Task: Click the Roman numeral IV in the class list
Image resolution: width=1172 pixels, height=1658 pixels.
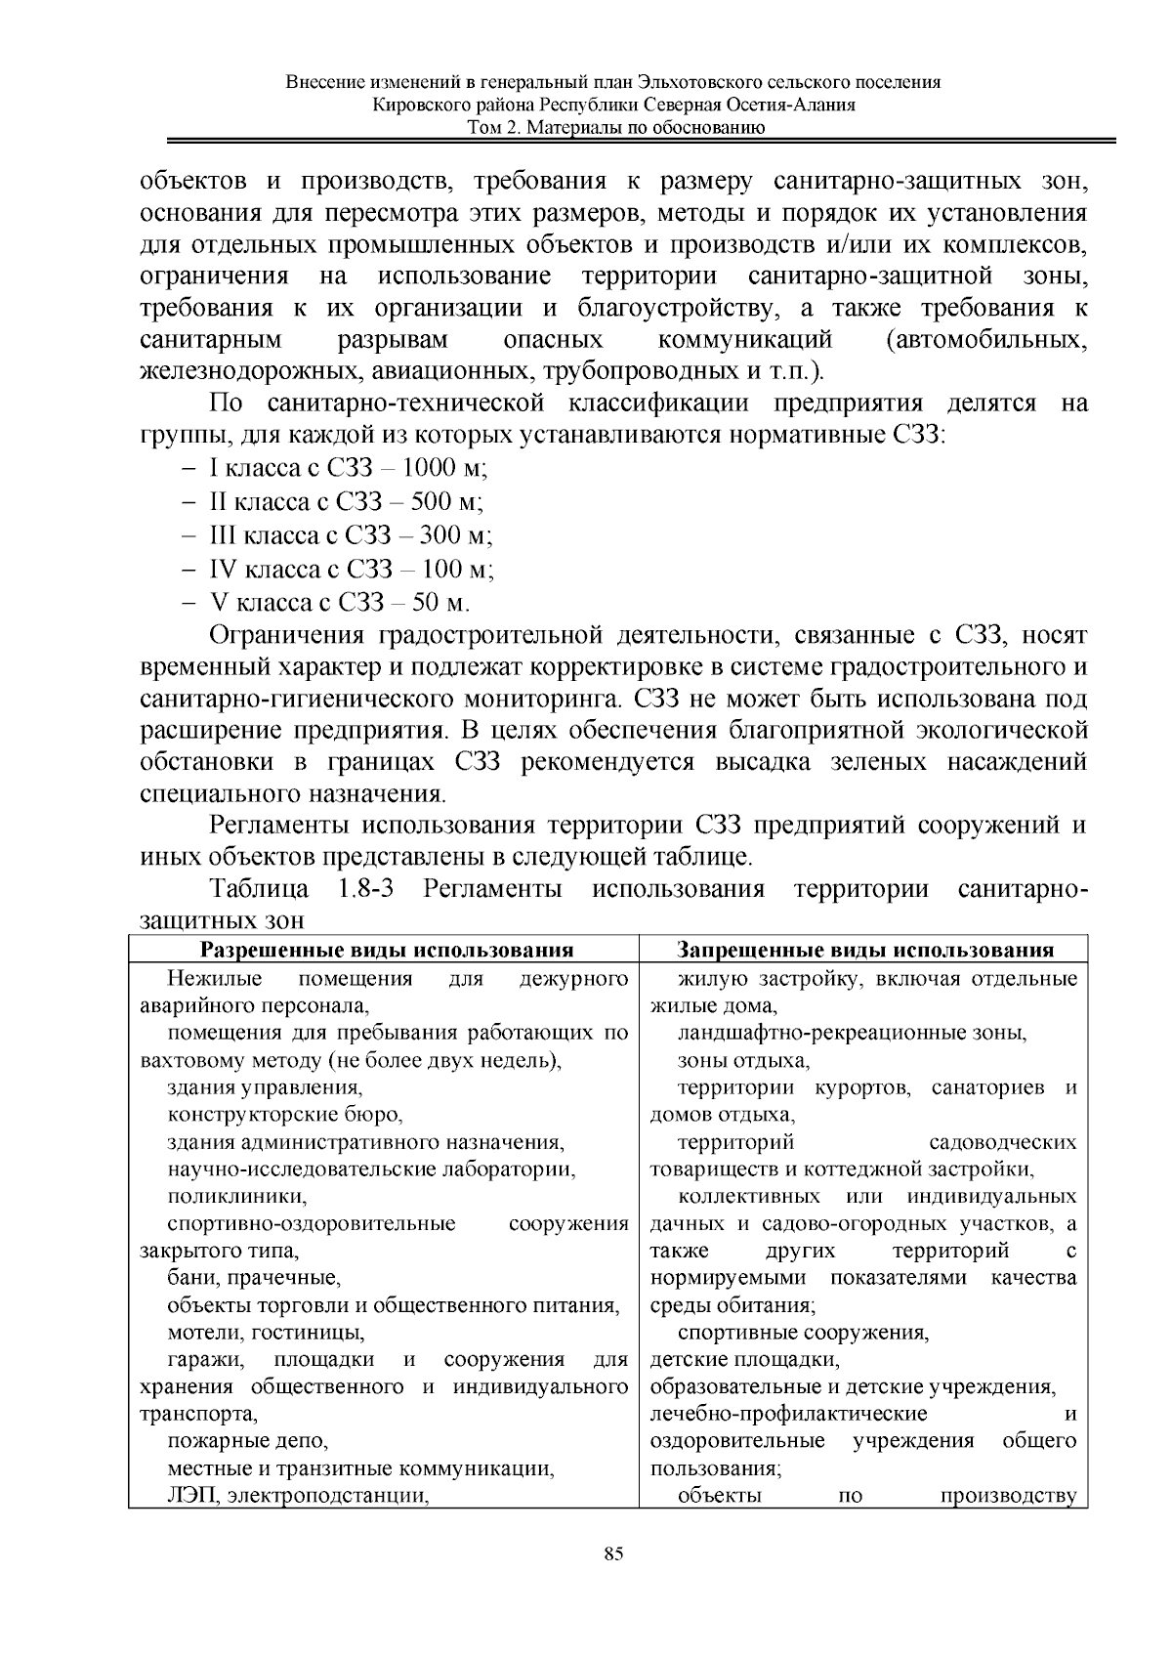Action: pos(223,569)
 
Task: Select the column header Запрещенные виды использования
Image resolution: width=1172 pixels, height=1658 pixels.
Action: pos(865,950)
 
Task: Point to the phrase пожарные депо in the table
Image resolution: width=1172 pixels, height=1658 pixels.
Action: pos(248,1440)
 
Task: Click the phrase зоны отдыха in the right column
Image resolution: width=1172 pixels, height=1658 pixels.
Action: pos(743,1060)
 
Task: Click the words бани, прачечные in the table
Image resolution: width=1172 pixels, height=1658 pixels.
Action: pos(253,1278)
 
